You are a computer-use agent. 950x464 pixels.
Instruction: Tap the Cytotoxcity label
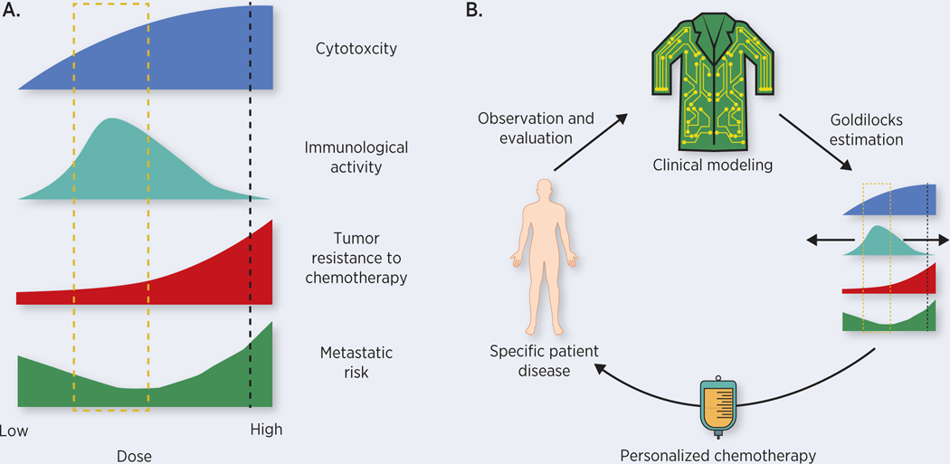pyautogui.click(x=356, y=48)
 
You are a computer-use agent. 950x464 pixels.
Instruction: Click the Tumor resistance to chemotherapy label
pyautogui.click(x=356, y=258)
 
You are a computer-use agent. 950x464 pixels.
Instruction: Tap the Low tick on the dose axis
pyautogui.click(x=14, y=431)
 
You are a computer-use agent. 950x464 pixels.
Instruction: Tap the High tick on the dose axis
pyautogui.click(x=266, y=430)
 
